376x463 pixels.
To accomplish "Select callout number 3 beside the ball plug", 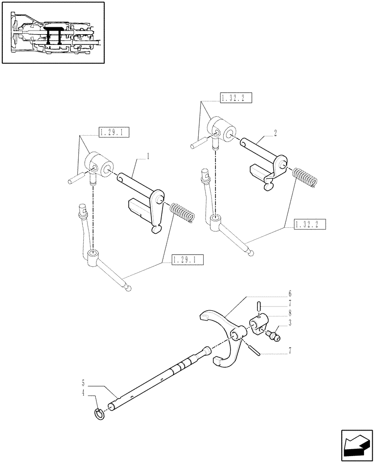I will click(289, 323).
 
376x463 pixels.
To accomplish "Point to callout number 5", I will click(83, 383).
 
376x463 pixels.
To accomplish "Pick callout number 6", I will click(289, 294).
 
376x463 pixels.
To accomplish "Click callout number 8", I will click(289, 313).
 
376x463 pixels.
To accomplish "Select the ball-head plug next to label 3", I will click(274, 334).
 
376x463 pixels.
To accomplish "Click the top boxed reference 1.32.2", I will click(233, 97).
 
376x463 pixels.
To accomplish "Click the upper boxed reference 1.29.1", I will click(113, 133).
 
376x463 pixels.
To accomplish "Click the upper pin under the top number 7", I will click(260, 307).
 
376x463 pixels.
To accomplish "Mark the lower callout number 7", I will click(289, 354).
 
